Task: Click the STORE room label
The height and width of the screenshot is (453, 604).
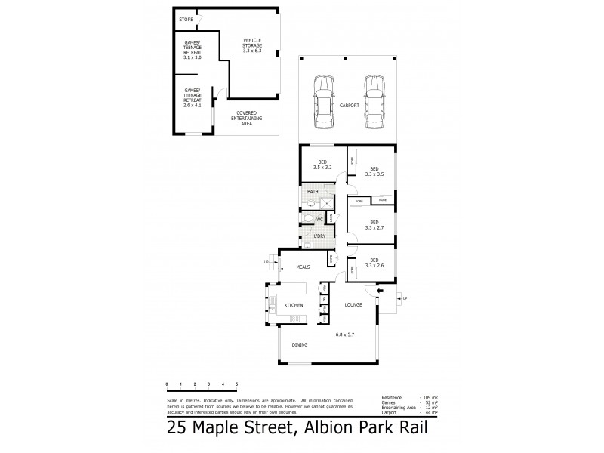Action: click(x=186, y=19)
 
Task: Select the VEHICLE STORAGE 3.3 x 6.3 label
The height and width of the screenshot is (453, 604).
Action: click(x=252, y=45)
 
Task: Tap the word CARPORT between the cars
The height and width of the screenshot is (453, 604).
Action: click(x=349, y=105)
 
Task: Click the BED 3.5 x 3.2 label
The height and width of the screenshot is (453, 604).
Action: click(x=322, y=165)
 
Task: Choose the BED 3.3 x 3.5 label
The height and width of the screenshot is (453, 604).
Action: click(x=374, y=171)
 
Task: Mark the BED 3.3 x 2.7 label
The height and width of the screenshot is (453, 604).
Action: click(x=374, y=224)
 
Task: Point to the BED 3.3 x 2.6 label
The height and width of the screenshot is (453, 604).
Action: click(x=374, y=263)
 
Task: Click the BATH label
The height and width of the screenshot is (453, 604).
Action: click(x=312, y=193)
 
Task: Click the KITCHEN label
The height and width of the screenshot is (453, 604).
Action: click(x=293, y=304)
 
